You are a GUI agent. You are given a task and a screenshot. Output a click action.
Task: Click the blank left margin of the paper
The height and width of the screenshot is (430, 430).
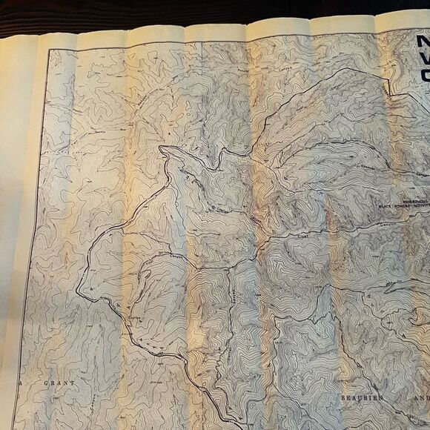coord(15,222)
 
